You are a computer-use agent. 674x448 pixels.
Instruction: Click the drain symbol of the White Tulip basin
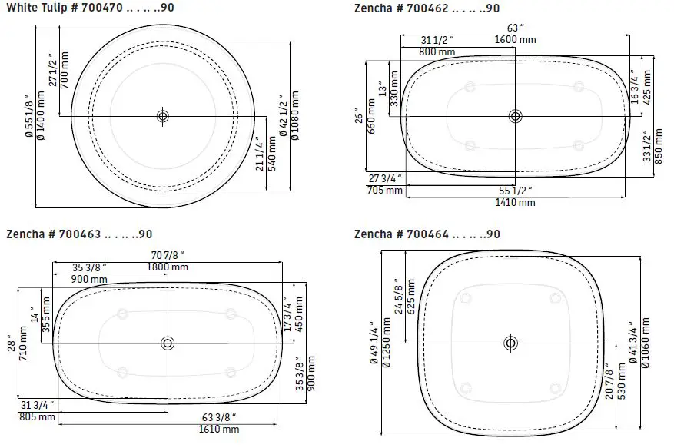[162, 116]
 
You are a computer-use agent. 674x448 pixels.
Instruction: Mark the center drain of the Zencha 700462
[514, 116]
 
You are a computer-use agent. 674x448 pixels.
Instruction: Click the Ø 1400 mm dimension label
[39, 116]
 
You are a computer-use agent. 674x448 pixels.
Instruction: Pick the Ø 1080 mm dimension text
[295, 116]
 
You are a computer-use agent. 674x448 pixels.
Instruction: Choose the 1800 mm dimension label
[168, 267]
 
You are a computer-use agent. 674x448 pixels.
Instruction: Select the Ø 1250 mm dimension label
[385, 343]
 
